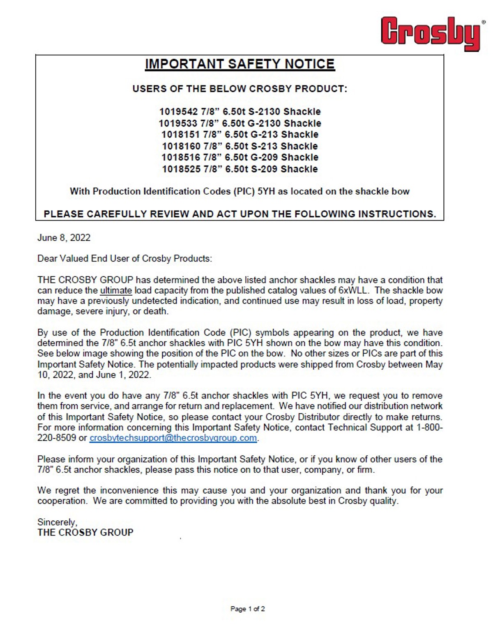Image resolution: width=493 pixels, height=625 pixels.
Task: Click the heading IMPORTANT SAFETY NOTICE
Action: click(x=240, y=64)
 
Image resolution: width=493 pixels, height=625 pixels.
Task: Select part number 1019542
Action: click(x=179, y=112)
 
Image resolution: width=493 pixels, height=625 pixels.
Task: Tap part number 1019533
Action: click(x=178, y=123)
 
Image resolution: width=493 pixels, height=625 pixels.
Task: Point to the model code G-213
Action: click(x=263, y=135)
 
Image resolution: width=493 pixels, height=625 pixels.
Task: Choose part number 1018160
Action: click(x=181, y=146)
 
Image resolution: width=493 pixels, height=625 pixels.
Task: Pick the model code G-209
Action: click(x=263, y=157)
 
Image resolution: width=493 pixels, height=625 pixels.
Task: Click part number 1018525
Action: click(x=181, y=169)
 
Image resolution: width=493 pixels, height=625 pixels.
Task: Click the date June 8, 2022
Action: click(x=64, y=238)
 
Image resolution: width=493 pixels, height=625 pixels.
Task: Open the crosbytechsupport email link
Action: click(x=173, y=438)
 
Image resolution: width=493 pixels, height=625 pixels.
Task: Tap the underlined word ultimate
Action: click(x=116, y=290)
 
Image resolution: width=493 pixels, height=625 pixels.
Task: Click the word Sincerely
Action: click(x=57, y=522)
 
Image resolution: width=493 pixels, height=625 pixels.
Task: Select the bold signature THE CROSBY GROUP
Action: click(x=85, y=533)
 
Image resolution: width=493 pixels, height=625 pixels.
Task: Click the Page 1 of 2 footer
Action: click(x=247, y=609)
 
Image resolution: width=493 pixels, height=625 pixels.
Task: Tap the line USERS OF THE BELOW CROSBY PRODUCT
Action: click(x=240, y=89)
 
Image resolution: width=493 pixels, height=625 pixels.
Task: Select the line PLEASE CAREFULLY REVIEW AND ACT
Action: click(x=240, y=214)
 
